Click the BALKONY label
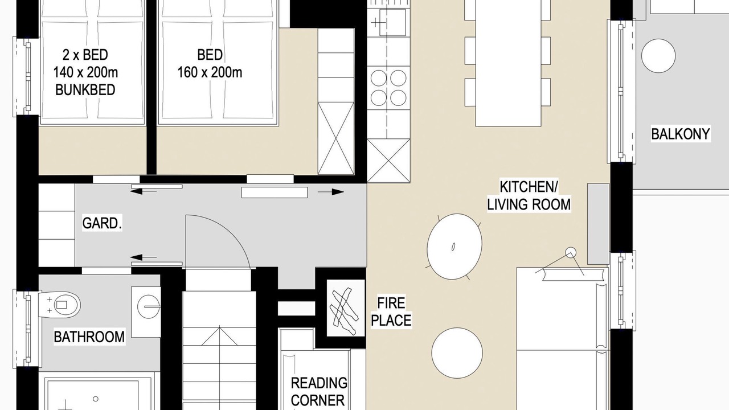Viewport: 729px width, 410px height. pos(681,134)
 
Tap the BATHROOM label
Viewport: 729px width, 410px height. pos(89,337)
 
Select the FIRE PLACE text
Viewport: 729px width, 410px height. pos(391,311)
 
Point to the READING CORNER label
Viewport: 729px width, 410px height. pos(318,392)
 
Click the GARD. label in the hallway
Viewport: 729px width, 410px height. pos(102,224)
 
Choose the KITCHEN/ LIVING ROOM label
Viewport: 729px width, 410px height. pos(529,195)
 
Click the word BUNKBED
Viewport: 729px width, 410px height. pos(85,90)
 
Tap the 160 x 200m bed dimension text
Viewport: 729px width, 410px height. pos(210,72)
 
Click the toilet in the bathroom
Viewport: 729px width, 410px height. pos(60,305)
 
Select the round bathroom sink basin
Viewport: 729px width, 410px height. pos(149,306)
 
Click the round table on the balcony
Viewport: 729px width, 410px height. pos(658,56)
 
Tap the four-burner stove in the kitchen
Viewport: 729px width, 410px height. pos(388,88)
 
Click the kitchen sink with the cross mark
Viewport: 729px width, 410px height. pos(392,22)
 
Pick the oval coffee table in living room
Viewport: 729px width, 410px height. pos(454,247)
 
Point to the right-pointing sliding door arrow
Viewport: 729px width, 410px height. pos(331,192)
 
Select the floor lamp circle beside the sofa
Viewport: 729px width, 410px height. pos(571,252)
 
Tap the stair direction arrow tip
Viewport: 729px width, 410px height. pos(219,326)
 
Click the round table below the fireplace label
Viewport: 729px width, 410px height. pos(457,352)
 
